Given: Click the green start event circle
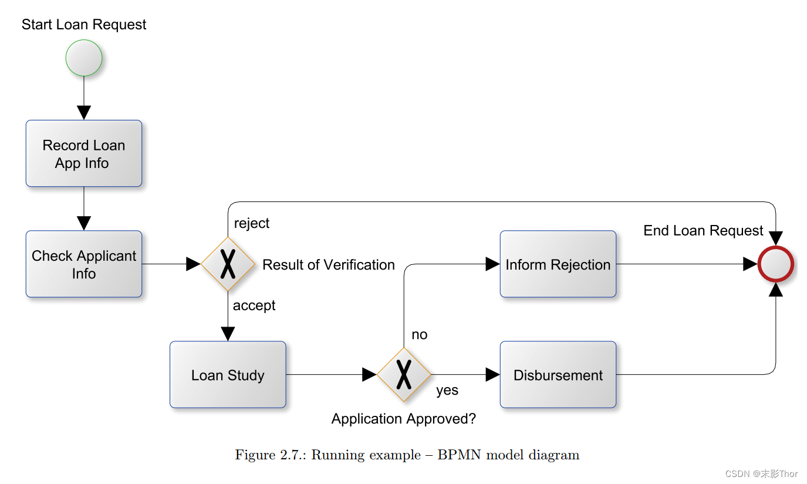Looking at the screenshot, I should pyautogui.click(x=84, y=58).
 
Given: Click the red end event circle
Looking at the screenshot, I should pyautogui.click(x=775, y=264).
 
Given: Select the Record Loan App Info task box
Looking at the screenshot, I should pyautogui.click(x=84, y=154).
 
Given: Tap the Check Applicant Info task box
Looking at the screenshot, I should pyautogui.click(x=84, y=264).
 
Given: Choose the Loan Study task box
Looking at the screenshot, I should pyautogui.click(x=228, y=375).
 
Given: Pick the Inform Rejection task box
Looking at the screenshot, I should pyautogui.click(x=558, y=264).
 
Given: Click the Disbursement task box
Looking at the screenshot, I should pyautogui.click(x=558, y=375).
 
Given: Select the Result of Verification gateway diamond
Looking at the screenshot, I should pyautogui.click(x=228, y=264).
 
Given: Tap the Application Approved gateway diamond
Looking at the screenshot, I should pyautogui.click(x=404, y=375).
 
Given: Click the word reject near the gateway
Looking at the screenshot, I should pyautogui.click(x=252, y=223).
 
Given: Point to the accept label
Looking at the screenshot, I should pyautogui.click(x=254, y=305).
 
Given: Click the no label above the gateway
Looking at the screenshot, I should pyautogui.click(x=420, y=335).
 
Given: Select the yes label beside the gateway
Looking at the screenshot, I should pyautogui.click(x=447, y=391).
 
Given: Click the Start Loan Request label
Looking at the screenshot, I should pyautogui.click(x=84, y=25).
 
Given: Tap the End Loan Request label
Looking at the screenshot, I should pyautogui.click(x=703, y=231).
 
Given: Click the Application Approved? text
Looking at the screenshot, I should pyautogui.click(x=404, y=419).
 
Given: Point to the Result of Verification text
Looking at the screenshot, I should pyautogui.click(x=329, y=265).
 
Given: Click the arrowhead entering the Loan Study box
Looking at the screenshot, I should pyautogui.click(x=228, y=334).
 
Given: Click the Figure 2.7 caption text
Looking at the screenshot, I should pyautogui.click(x=407, y=455).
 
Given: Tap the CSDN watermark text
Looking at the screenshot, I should pyautogui.click(x=761, y=474).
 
